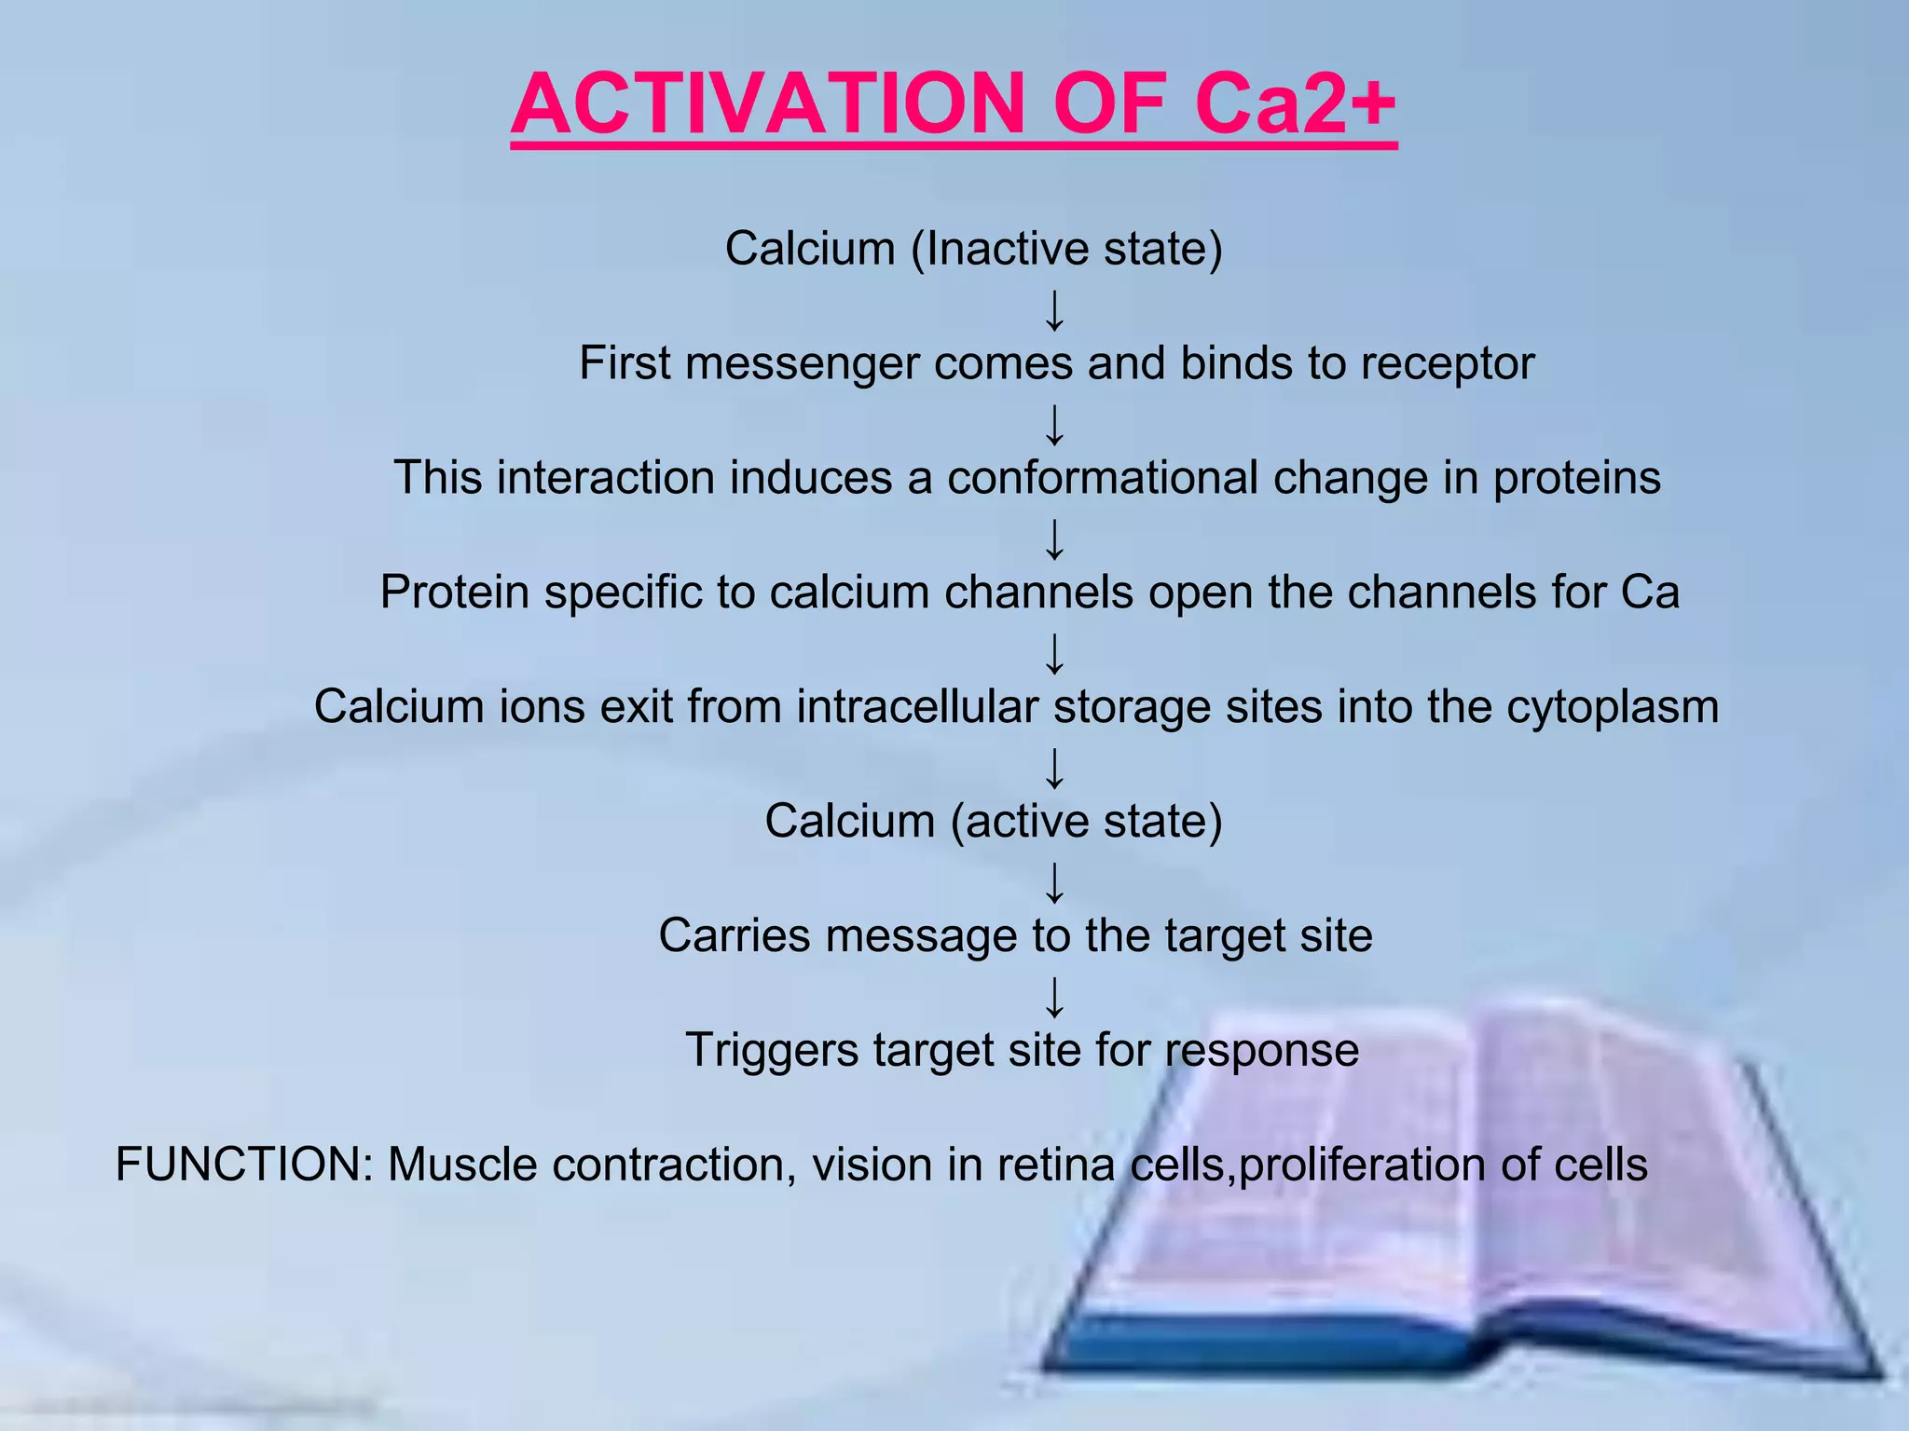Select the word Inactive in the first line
pos(1008,249)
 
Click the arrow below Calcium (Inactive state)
pos(1054,310)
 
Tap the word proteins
pos(1576,478)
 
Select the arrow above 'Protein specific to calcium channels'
pos(1054,539)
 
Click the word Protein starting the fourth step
pos(455,593)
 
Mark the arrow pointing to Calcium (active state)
pos(1054,769)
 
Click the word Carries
pos(735,936)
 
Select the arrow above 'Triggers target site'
pos(1054,998)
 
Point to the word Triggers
pos(772,1051)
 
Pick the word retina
pos(1056,1165)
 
